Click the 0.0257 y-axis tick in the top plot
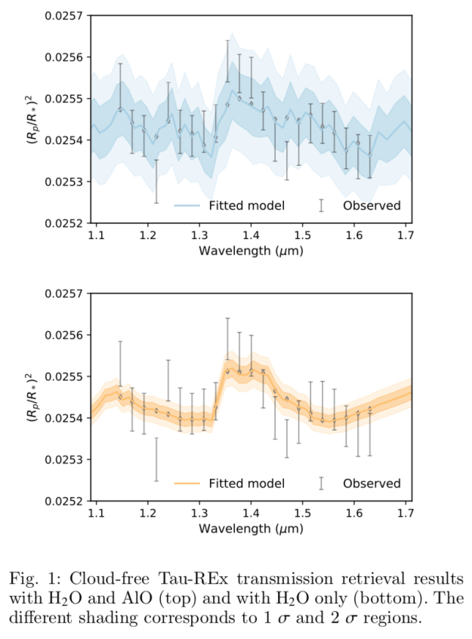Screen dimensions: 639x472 66,16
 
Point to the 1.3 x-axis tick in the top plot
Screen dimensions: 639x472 199,235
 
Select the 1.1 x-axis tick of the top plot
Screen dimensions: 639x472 95,235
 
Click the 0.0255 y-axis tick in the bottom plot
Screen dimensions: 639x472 66,376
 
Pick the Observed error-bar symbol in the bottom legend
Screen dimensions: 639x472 321,483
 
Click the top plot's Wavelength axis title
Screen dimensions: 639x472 251,250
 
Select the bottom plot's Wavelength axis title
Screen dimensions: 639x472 251,528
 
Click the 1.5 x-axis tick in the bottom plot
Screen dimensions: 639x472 302,513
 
